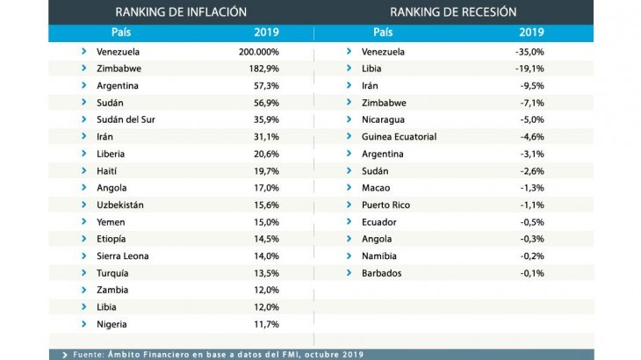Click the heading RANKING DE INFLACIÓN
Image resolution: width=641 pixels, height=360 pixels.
tap(181, 11)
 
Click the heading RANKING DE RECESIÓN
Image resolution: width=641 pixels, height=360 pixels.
tap(453, 11)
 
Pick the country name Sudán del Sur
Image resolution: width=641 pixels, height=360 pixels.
tap(126, 119)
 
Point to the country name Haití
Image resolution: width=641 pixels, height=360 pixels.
tap(106, 170)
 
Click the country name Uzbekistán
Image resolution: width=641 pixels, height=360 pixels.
tap(119, 205)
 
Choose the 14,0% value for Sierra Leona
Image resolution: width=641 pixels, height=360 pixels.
tap(266, 256)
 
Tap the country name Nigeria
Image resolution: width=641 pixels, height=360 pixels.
tap(112, 324)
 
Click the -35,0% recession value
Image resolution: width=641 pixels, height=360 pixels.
tap(530, 52)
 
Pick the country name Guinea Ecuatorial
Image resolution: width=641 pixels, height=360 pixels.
tap(399, 137)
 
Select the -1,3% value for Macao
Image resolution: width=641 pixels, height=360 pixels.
tap(532, 188)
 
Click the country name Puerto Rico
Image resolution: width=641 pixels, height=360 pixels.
tap(385, 205)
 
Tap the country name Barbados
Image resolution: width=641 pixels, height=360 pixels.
tap(383, 273)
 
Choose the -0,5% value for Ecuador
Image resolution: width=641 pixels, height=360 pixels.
tap(532, 222)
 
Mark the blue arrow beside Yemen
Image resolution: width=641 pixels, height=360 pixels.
tap(83, 222)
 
